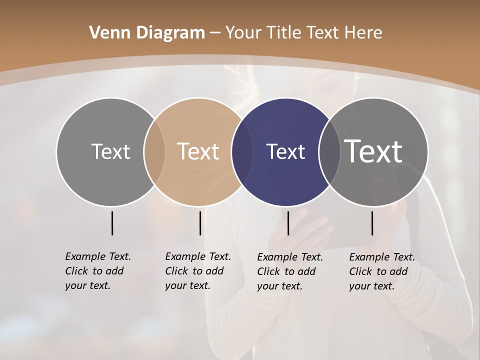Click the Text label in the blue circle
(x=285, y=152)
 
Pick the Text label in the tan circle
(x=198, y=151)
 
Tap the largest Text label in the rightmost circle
(x=373, y=151)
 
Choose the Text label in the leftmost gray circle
(x=110, y=151)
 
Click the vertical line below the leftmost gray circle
(x=112, y=223)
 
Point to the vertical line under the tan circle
(x=200, y=223)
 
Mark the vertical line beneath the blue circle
(x=288, y=223)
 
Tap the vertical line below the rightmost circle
(x=372, y=223)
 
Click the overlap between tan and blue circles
(x=242, y=152)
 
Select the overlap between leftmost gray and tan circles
(x=154, y=152)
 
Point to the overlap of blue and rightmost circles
(x=329, y=152)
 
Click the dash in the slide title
(x=215, y=33)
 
